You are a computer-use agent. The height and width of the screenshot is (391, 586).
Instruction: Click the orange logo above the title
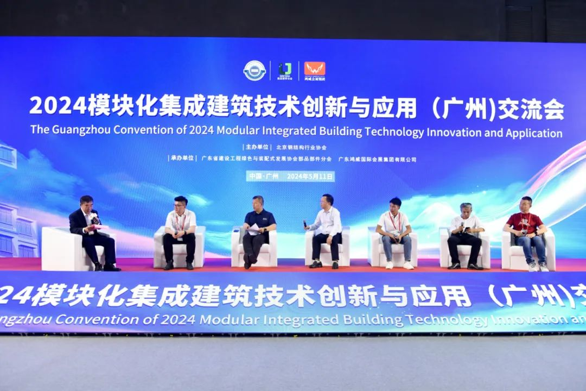click(x=315, y=69)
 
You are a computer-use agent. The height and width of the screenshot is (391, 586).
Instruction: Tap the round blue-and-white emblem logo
click(x=254, y=71)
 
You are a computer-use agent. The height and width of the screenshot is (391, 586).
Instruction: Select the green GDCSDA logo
click(x=285, y=70)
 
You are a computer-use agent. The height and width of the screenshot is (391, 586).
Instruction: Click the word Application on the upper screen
click(x=533, y=133)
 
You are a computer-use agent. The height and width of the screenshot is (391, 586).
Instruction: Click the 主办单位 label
click(x=257, y=147)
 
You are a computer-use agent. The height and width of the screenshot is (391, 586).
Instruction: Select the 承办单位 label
click(x=182, y=159)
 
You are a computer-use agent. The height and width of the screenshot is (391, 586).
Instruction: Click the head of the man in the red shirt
click(x=525, y=204)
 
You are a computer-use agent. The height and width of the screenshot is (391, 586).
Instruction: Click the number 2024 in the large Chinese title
click(x=58, y=106)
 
